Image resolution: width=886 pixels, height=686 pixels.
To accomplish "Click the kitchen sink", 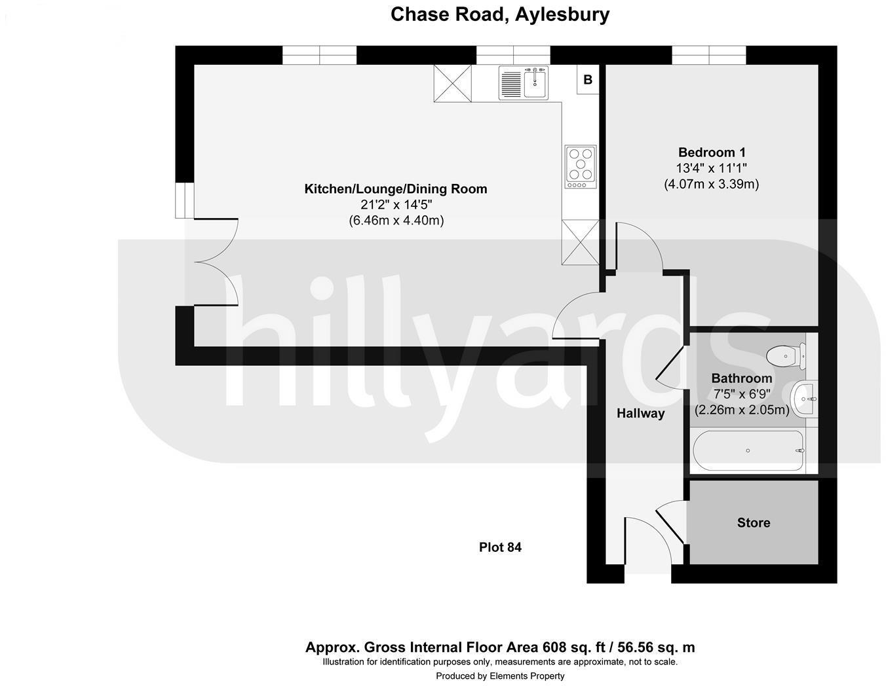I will coord(524,82).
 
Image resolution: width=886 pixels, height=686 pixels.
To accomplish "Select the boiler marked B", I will coord(588,80).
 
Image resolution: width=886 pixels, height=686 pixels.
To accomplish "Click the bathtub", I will coord(748,450).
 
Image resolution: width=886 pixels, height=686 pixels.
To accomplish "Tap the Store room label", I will coord(753,522).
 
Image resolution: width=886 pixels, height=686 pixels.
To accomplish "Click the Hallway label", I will coord(640,413).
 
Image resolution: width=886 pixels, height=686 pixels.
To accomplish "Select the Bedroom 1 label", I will coord(712,153).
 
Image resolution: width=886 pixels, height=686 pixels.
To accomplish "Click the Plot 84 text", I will coord(500,547).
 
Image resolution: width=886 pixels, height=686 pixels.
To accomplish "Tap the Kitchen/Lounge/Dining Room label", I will coord(396,189).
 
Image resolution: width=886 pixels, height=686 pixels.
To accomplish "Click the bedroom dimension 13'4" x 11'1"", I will coord(712,168).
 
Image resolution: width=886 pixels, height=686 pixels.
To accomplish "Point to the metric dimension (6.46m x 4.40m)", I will coord(396,221).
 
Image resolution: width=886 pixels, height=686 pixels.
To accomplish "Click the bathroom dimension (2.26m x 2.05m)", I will coord(742,410).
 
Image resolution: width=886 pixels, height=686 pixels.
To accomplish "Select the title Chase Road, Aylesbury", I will coord(500,14).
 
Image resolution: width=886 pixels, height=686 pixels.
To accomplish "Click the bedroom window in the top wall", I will coord(709,56).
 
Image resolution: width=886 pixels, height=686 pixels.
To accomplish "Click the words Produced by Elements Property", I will coord(500,676).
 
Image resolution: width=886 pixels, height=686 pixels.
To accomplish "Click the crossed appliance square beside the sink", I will coord(452,82).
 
